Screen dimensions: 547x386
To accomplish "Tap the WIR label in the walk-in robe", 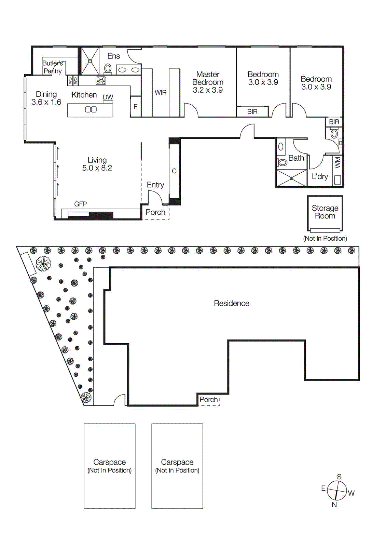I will (x=161, y=93).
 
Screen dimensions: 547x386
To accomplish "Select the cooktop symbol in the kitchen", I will (x=101, y=80).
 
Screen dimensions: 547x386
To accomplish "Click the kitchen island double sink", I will (x=91, y=109).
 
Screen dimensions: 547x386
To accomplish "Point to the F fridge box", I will (x=136, y=107).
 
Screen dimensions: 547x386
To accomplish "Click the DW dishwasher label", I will (x=108, y=97).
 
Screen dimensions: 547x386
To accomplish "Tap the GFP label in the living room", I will (x=80, y=204).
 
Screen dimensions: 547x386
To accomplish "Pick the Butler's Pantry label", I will (x=53, y=67).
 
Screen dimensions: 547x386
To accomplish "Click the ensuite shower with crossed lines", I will (x=90, y=61).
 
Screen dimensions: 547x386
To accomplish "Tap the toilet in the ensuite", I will (x=108, y=68).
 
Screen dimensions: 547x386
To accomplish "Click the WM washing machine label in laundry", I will (x=338, y=162).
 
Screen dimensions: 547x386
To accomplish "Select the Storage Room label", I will (x=325, y=212).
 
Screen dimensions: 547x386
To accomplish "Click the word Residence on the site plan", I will (x=232, y=303).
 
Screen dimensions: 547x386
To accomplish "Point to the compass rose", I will (x=337, y=490).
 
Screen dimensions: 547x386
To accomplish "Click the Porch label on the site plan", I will (x=208, y=399).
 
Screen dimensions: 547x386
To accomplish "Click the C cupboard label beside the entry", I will (x=174, y=171).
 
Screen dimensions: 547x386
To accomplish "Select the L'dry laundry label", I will (x=320, y=176).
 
